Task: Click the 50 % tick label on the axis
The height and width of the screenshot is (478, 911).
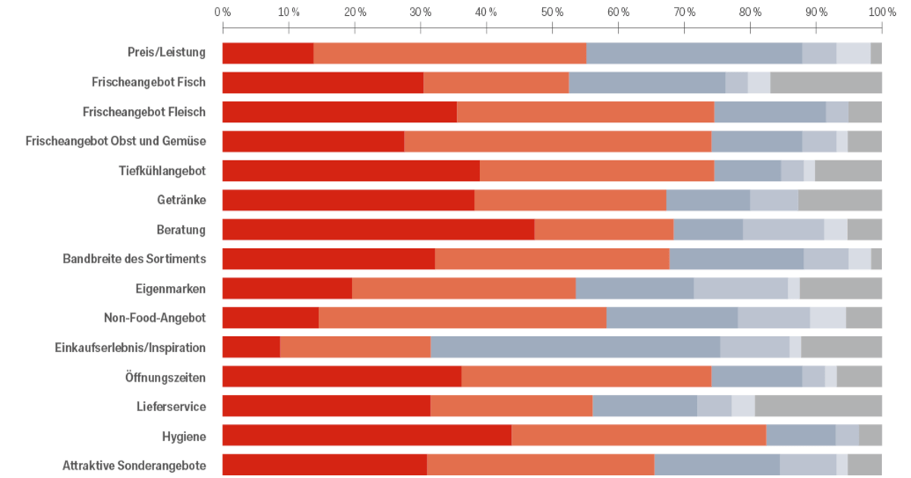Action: pyautogui.click(x=553, y=12)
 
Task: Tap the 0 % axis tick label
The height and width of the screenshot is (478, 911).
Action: pyautogui.click(x=222, y=12)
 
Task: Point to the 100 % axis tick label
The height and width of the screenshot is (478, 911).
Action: pyautogui.click(x=881, y=12)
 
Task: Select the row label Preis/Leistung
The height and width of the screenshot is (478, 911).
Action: pyautogui.click(x=167, y=52)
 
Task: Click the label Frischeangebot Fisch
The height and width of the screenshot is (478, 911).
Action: pyautogui.click(x=149, y=82)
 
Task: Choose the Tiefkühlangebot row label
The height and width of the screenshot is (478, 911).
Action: pyautogui.click(x=162, y=170)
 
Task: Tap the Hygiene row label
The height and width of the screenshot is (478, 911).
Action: pyautogui.click(x=184, y=436)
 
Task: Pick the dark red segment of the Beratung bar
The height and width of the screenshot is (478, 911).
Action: pyautogui.click(x=378, y=229)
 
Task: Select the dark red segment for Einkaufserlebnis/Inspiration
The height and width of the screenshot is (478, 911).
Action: pyautogui.click(x=251, y=347)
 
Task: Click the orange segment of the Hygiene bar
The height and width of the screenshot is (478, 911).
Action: pyautogui.click(x=638, y=436)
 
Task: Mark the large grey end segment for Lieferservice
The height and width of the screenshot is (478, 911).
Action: pyautogui.click(x=818, y=406)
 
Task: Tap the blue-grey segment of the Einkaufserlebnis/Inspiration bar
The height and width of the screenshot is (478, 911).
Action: pyautogui.click(x=575, y=347)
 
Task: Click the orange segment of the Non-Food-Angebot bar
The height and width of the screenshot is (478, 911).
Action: pyautogui.click(x=462, y=317)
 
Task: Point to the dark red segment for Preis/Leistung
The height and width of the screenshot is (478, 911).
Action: pyautogui.click(x=268, y=53)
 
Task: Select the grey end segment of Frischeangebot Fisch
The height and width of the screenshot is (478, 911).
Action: pyautogui.click(x=826, y=82)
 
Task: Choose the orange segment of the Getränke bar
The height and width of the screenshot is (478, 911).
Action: pyautogui.click(x=570, y=200)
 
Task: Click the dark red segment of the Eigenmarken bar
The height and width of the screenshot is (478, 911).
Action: pyautogui.click(x=287, y=288)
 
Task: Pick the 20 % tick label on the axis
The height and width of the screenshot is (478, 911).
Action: pyautogui.click(x=355, y=12)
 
